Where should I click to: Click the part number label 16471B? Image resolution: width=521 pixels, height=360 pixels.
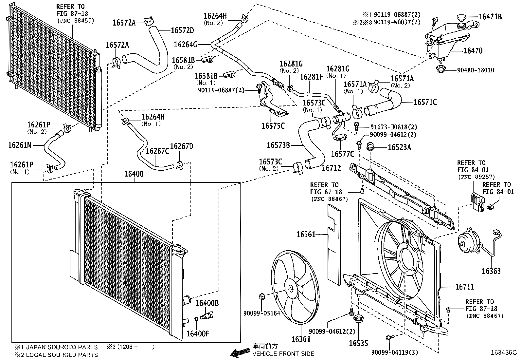click(x=490, y=17)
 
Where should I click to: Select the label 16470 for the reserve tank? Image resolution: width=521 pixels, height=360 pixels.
click(x=473, y=51)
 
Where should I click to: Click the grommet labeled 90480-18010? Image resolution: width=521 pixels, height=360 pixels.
click(x=440, y=69)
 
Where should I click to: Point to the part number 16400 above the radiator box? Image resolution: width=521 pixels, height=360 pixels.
click(x=134, y=174)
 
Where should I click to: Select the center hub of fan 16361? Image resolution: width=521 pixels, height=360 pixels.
click(x=291, y=288)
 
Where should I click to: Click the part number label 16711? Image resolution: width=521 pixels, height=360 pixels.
click(x=465, y=287)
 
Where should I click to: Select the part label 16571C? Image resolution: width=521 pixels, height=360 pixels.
click(x=425, y=102)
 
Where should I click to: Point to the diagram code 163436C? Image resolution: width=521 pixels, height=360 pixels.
click(x=503, y=352)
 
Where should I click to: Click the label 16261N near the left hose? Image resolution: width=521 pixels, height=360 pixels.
click(x=19, y=145)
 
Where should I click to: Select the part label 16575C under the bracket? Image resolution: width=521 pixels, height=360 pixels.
click(x=273, y=125)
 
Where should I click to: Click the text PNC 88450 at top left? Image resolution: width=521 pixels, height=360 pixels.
click(x=76, y=21)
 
